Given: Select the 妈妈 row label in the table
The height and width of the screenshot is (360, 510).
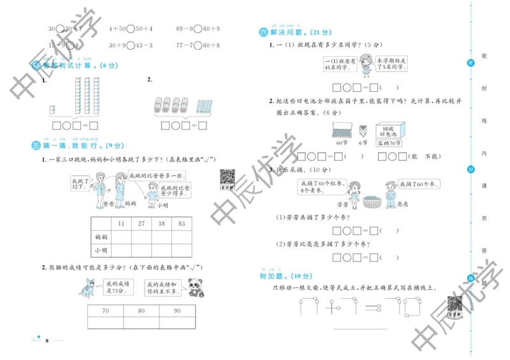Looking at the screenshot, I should click(x=101, y=237).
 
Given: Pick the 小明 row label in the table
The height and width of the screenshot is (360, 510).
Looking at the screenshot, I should click(x=101, y=251).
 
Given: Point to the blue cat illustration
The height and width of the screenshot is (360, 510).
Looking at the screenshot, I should click(x=89, y=287).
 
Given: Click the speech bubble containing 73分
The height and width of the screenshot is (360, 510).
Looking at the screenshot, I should click(x=116, y=287).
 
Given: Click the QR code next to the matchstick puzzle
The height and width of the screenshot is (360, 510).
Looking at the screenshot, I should click(x=453, y=305).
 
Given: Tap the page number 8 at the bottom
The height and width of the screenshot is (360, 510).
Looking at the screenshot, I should click(x=48, y=342).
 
